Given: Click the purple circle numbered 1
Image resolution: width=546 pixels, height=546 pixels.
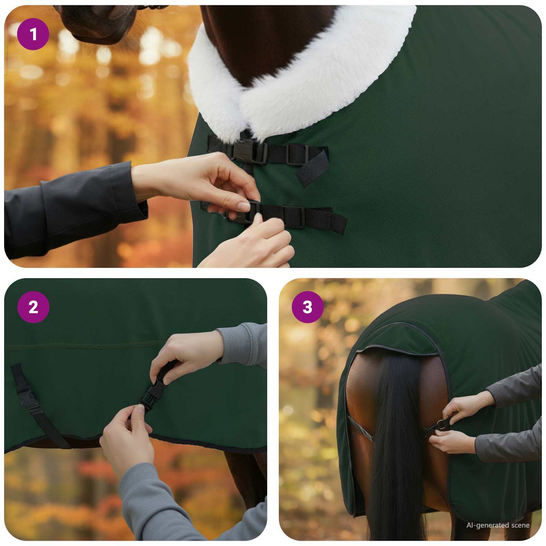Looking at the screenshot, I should (33, 34).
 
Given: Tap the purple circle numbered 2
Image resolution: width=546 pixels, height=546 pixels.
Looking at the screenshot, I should (33, 307).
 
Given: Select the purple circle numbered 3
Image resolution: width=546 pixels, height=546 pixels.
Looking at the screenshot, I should (308, 307).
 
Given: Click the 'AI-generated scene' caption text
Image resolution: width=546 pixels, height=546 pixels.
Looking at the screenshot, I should (498, 525).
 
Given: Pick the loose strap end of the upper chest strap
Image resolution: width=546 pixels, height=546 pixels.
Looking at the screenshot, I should (312, 168).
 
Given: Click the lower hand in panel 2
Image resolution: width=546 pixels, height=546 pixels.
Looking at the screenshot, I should (125, 435).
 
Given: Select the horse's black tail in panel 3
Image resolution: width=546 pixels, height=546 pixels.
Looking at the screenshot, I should (393, 435).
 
